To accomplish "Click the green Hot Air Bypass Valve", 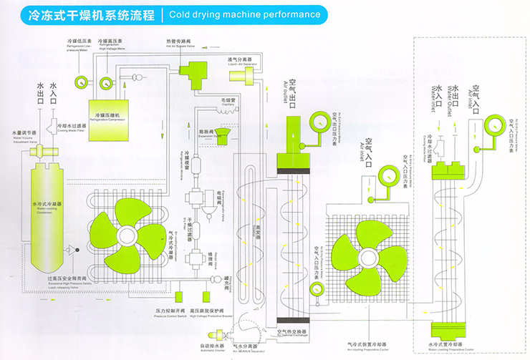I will [x=193, y=69].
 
